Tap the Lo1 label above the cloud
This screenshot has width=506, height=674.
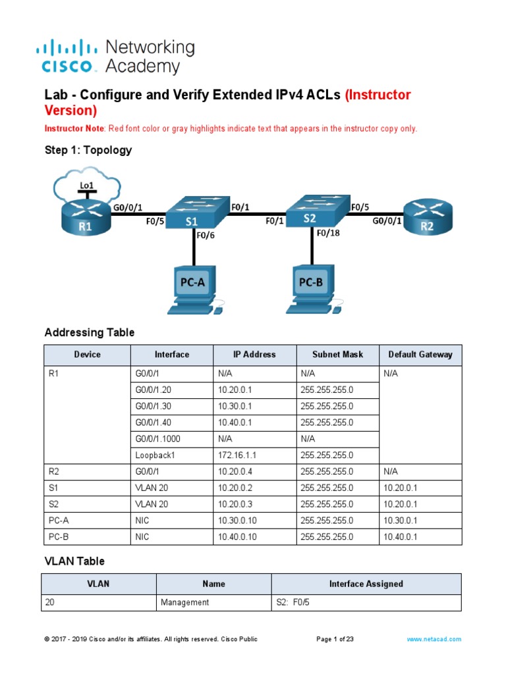pyautogui.click(x=86, y=186)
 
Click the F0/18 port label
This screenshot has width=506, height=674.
pyautogui.click(x=329, y=232)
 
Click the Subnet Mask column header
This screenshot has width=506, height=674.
pyautogui.click(x=337, y=354)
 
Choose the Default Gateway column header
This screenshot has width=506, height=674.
pyautogui.click(x=420, y=354)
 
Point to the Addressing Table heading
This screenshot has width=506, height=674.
pyautogui.click(x=90, y=332)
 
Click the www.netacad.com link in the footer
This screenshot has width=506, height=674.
pyautogui.click(x=434, y=638)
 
